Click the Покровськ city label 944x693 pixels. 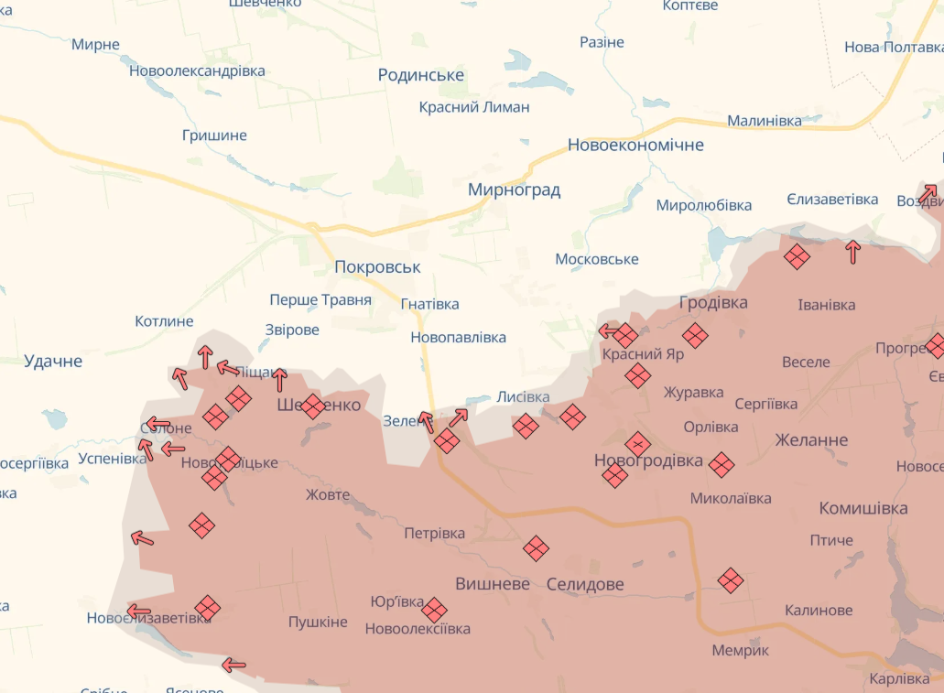pyautogui.click(x=377, y=267)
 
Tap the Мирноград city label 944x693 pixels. pyautogui.click(x=514, y=190)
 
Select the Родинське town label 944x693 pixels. pyautogui.click(x=421, y=75)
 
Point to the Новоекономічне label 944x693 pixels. pyautogui.click(x=635, y=145)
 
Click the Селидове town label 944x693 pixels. pyautogui.click(x=585, y=584)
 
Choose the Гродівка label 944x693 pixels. pyautogui.click(x=713, y=303)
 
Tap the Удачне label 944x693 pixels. pyautogui.click(x=53, y=362)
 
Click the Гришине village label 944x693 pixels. pyautogui.click(x=214, y=135)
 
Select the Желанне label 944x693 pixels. pyautogui.click(x=811, y=439)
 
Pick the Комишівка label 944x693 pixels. pyautogui.click(x=863, y=508)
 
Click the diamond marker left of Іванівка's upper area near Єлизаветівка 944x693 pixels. pyautogui.click(x=798, y=257)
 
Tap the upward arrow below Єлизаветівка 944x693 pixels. pyautogui.click(x=853, y=252)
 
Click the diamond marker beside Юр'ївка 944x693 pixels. pyautogui.click(x=434, y=610)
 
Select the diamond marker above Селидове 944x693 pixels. pyautogui.click(x=537, y=548)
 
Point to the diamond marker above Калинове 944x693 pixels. pyautogui.click(x=731, y=579)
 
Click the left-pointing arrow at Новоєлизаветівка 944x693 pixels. pyautogui.click(x=139, y=611)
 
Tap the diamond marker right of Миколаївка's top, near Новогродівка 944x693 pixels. pyautogui.click(x=722, y=465)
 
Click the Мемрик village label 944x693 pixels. pyautogui.click(x=741, y=650)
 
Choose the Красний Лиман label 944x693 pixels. pyautogui.click(x=474, y=107)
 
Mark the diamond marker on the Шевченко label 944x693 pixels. pyautogui.click(x=313, y=406)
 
